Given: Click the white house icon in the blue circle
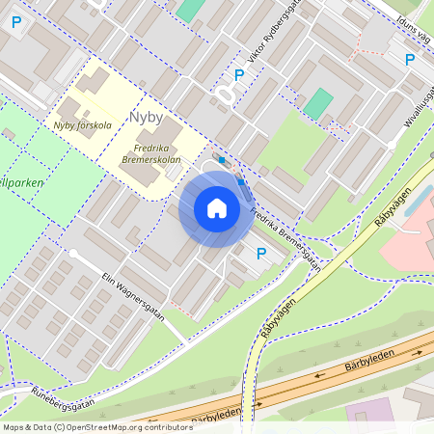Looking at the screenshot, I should [217, 207].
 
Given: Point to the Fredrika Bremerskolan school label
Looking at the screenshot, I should [153, 154].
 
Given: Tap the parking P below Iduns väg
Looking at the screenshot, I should [409, 60].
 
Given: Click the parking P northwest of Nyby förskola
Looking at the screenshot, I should [15, 21].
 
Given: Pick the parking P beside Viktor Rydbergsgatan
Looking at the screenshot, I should [239, 74].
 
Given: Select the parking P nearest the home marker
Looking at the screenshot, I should [260, 254].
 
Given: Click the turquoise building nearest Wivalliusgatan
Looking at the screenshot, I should [317, 103].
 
